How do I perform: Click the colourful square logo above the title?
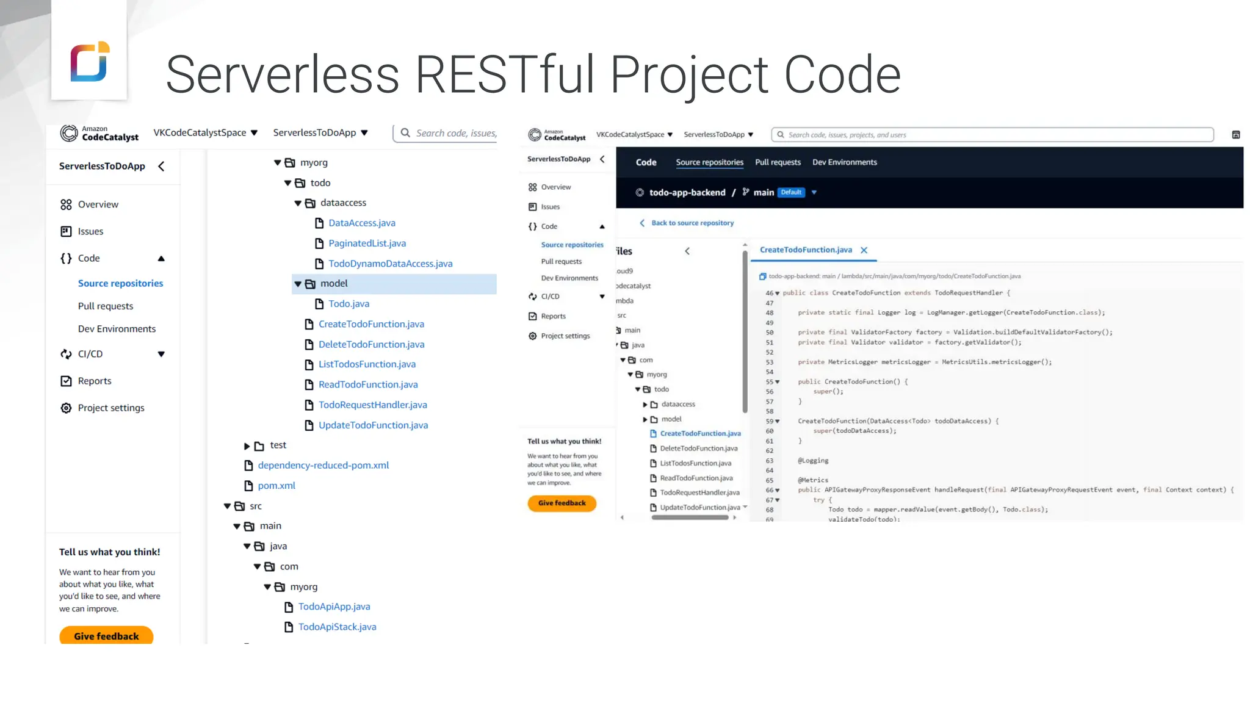coord(90,61)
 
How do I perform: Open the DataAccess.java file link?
coord(361,223)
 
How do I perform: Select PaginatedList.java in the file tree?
coord(367,243)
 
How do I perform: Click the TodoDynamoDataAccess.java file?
coord(390,264)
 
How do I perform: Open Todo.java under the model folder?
coord(349,304)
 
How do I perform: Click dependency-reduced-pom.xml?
coord(323,466)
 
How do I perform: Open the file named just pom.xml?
coord(276,486)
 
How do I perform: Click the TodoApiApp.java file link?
coord(334,607)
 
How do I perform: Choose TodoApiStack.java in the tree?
coord(337,627)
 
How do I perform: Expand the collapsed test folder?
coord(247,446)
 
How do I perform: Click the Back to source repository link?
coord(692,223)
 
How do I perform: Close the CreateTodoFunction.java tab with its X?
coord(864,250)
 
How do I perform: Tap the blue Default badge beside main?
coord(791,192)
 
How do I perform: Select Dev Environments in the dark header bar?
coord(844,162)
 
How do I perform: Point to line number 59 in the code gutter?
coord(769,421)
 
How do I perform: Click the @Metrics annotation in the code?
coord(813,480)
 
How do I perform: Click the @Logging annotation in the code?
coord(813,461)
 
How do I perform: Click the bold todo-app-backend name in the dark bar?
coord(687,192)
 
